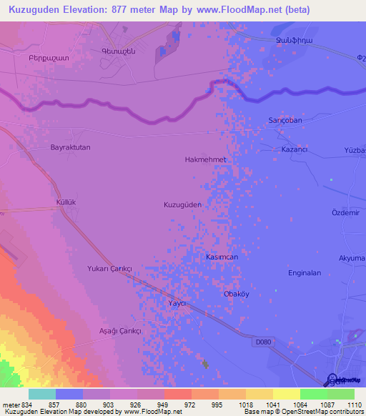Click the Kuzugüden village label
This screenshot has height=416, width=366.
[x=183, y=204]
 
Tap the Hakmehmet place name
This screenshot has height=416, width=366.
[x=205, y=159]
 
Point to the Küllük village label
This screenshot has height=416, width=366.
[x=66, y=203]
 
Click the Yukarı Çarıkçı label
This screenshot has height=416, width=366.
[x=109, y=267]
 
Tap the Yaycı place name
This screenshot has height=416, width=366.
[x=177, y=303]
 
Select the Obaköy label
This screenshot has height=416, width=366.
[x=237, y=294]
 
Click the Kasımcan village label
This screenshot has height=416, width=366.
[x=222, y=257]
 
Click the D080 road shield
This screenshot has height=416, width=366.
[x=264, y=342]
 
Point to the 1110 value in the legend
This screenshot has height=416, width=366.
[x=354, y=405]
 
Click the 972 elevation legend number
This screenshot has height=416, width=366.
[x=191, y=405]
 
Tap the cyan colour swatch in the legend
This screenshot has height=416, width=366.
[x=42, y=394]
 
